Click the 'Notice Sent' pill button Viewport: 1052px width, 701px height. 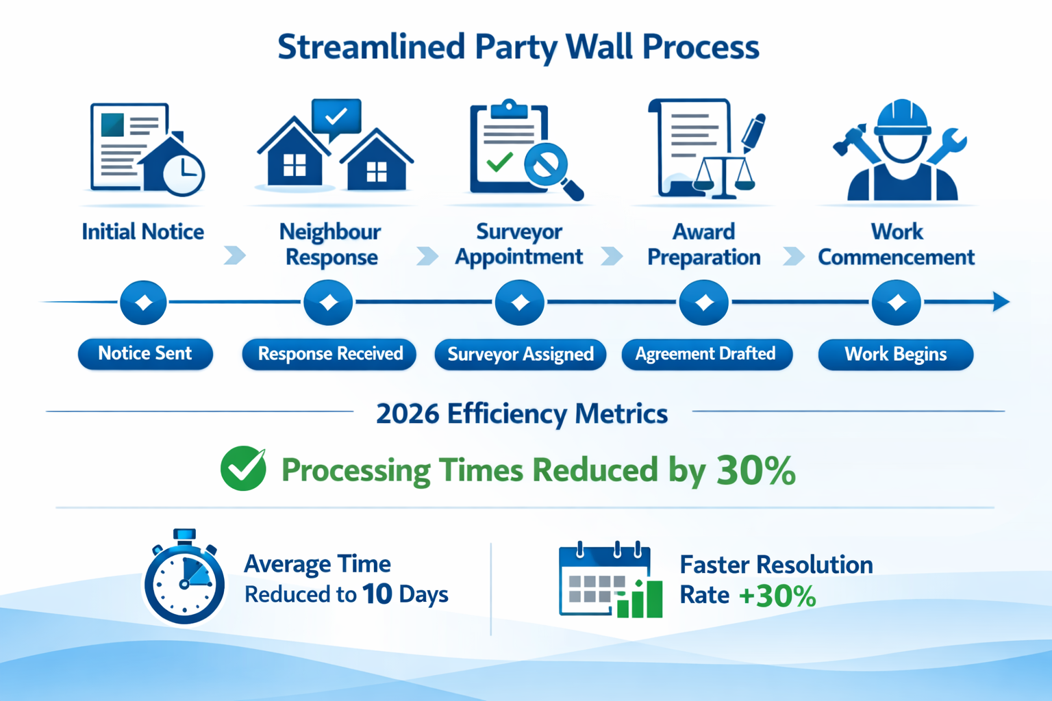(x=145, y=354)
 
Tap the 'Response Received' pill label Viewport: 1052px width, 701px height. (x=329, y=355)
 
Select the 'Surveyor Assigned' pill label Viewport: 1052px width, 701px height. (x=520, y=355)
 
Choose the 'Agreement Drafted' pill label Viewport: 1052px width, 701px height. (x=706, y=355)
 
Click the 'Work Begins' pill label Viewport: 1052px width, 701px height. (x=895, y=355)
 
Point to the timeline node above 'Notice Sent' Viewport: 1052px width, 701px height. (x=143, y=302)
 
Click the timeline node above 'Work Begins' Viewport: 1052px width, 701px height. (x=897, y=302)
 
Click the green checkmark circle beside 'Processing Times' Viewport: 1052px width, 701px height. (x=243, y=469)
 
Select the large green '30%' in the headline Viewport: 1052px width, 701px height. (x=755, y=471)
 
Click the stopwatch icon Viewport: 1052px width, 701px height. (x=184, y=578)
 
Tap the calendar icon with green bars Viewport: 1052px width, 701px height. (x=609, y=581)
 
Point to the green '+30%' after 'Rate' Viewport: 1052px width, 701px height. (x=777, y=596)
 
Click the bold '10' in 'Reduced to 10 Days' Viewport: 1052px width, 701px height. (x=377, y=594)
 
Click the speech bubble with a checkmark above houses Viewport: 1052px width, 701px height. (x=336, y=117)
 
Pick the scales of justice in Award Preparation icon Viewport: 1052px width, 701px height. (x=724, y=176)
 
